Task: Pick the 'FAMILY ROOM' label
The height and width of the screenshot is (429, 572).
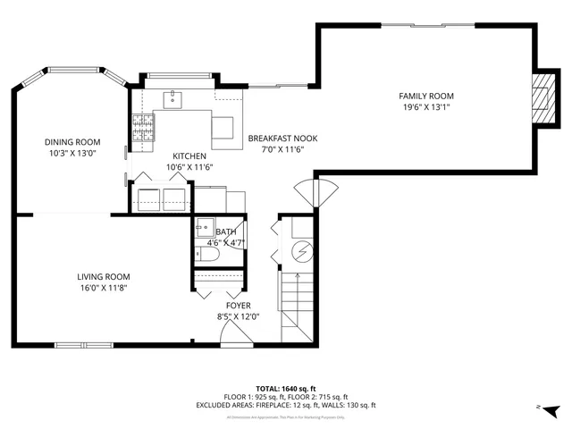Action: point(425,96)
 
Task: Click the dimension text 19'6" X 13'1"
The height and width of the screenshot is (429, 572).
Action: point(425,107)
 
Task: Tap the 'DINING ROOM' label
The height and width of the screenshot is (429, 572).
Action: point(72,142)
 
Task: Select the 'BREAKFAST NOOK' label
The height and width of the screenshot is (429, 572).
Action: point(282,139)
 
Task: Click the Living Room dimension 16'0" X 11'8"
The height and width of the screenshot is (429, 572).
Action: point(103,288)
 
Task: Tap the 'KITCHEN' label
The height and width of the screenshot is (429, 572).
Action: point(189,156)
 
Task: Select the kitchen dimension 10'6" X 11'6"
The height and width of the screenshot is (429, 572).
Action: point(189,167)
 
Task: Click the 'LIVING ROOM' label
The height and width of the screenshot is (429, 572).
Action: point(103,276)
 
